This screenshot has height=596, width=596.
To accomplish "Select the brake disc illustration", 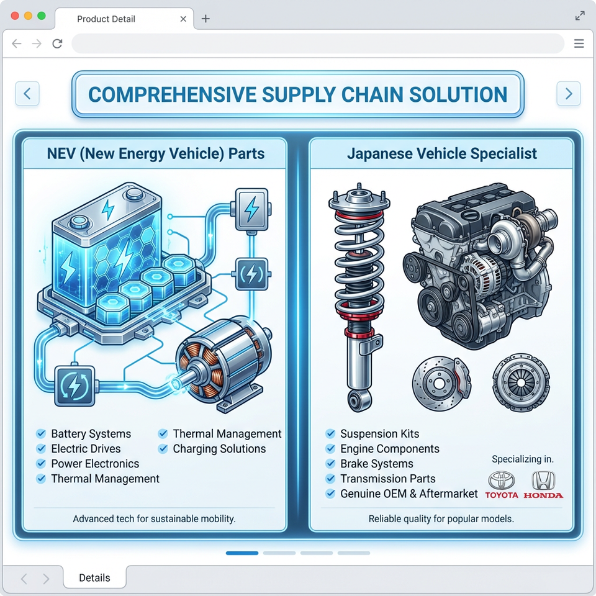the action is click(441, 383).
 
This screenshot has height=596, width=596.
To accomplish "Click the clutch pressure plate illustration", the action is click(521, 382).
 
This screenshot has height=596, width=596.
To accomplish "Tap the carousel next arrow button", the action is click(568, 94).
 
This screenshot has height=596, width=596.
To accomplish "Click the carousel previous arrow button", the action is click(27, 94).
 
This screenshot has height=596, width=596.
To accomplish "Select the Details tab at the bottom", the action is click(94, 577).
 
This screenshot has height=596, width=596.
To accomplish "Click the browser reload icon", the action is click(57, 43).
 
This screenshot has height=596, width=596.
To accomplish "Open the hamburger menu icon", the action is click(579, 43).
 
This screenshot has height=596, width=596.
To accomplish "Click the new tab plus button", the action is click(205, 19).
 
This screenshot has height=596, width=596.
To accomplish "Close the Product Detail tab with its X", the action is click(183, 19).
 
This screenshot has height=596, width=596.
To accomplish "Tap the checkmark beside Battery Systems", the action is click(41, 434).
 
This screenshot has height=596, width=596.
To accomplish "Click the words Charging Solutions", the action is click(219, 449).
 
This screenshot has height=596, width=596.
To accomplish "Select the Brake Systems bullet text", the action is click(377, 464).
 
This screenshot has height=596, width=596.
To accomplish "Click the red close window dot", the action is click(15, 16).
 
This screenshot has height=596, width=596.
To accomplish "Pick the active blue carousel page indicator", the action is click(242, 553).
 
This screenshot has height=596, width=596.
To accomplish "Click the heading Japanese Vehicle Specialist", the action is click(441, 153).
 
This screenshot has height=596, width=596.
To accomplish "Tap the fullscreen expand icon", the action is click(580, 16).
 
